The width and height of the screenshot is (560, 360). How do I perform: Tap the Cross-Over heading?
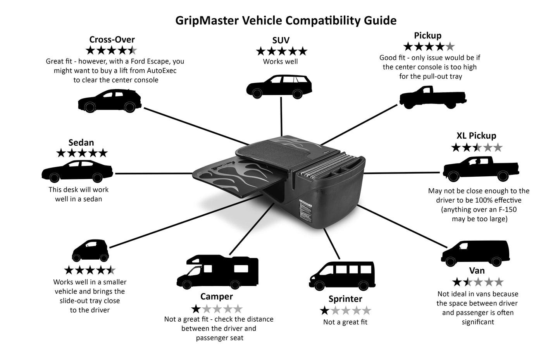pos(112,40)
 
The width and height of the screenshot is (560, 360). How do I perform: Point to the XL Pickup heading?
pos(476,136)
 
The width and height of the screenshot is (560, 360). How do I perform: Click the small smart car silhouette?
pos(90,251)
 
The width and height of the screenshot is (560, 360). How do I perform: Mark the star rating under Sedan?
pos(82,153)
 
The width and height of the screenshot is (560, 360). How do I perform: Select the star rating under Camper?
pos(217,309)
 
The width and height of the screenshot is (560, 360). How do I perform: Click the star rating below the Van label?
pos(477,282)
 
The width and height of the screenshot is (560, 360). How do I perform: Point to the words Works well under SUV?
pos(280,61)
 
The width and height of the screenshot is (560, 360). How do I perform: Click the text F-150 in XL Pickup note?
pos(506,210)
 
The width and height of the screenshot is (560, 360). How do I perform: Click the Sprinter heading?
pos(345,299)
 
